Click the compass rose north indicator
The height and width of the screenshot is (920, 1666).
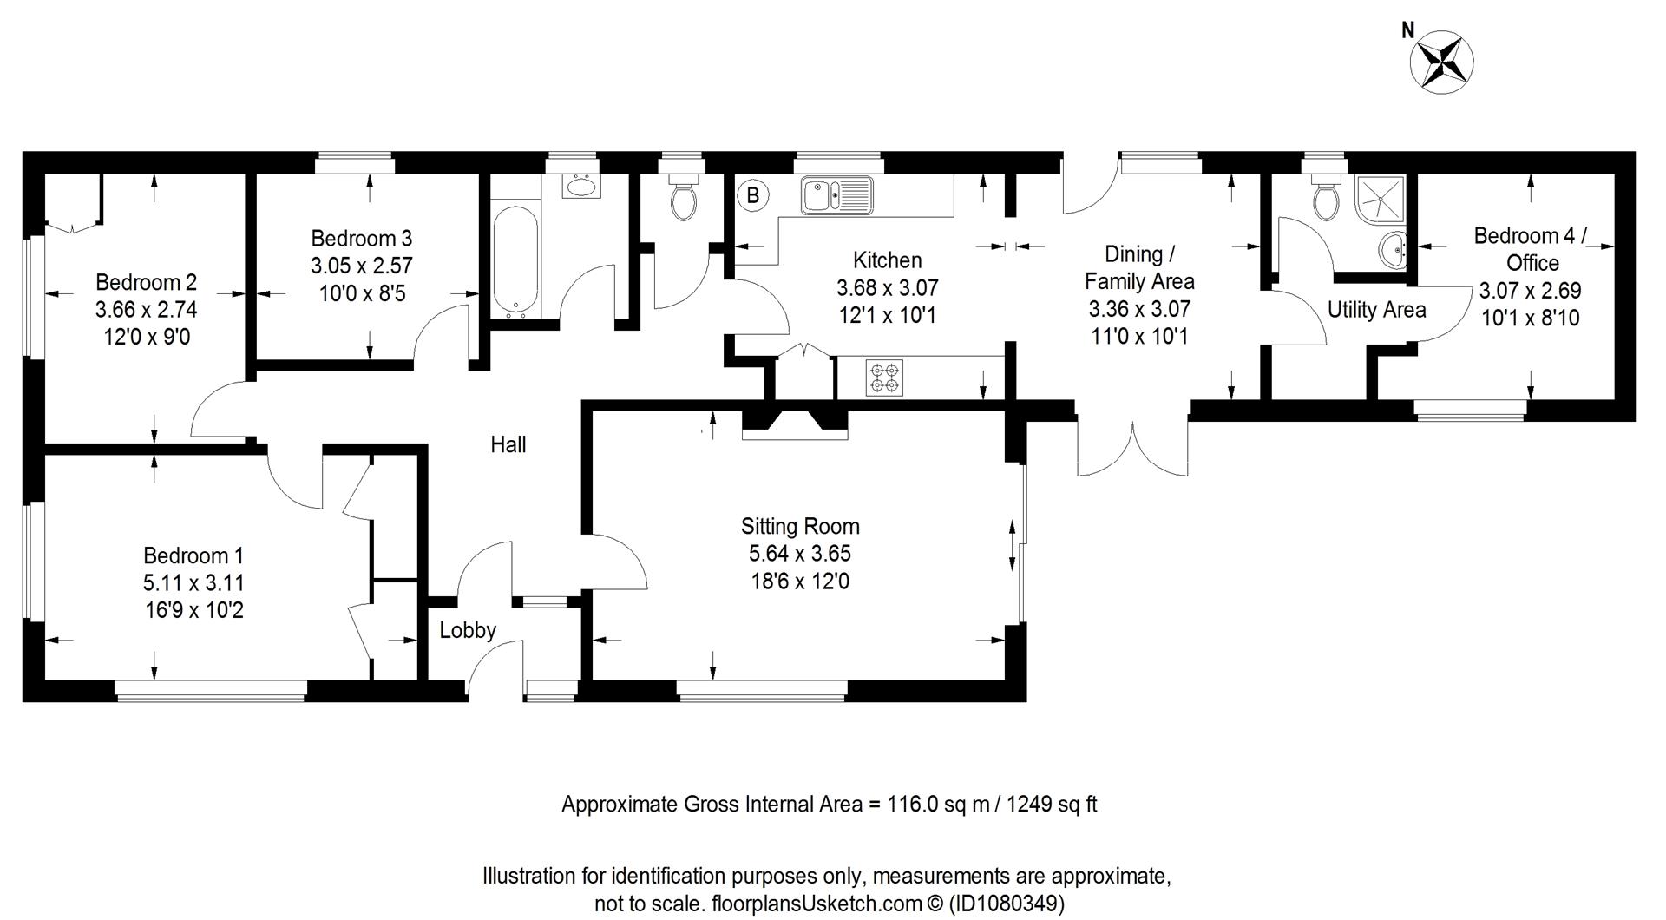coord(1441,59)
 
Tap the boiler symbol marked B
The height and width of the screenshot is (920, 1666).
coord(752,196)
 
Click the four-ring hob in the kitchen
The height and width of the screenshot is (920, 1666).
coord(884,378)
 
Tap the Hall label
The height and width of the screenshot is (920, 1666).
coord(508,445)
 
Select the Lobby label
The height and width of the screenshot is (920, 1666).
coord(467,630)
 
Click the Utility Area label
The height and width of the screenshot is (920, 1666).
coord(1376,310)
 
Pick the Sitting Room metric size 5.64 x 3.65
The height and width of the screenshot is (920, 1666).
coord(799,554)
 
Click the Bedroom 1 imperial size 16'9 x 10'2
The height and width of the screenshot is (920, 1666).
coord(194,610)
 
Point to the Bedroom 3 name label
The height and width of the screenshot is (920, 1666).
coord(362,238)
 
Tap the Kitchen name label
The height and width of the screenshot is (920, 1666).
coord(887,260)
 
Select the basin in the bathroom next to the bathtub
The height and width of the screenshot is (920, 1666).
coord(579,186)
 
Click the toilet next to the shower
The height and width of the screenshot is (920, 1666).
coord(1325,200)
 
